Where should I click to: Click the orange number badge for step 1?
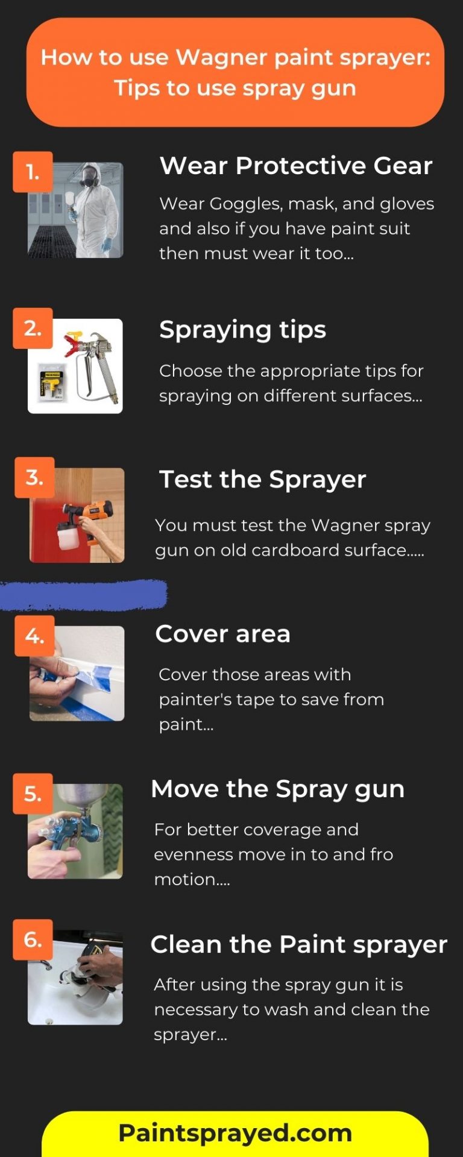click(x=33, y=172)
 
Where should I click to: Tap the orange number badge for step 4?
click(x=34, y=636)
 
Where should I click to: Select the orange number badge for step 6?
click(x=33, y=939)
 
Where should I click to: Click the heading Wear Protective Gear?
click(x=295, y=166)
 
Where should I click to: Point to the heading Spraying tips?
click(x=242, y=330)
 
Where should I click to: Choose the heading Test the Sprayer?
click(x=262, y=480)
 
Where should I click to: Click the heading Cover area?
click(x=222, y=634)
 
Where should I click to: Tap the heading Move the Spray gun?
click(x=277, y=789)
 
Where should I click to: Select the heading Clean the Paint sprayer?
click(x=298, y=944)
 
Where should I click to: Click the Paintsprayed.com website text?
click(x=235, y=1133)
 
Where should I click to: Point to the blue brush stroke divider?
click(x=83, y=594)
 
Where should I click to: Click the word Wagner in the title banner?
click(x=221, y=57)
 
